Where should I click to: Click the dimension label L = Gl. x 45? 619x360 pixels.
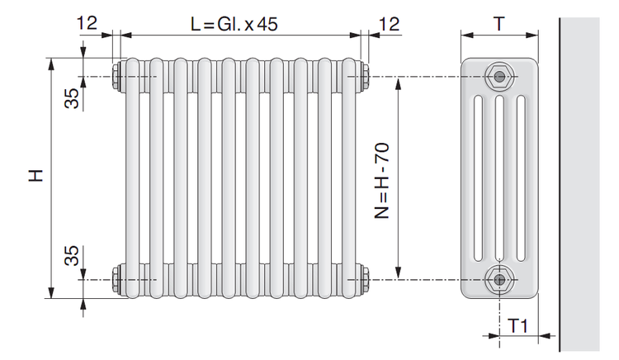pos(234,24)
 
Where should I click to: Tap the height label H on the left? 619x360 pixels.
pos(35,175)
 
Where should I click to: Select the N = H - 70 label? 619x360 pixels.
pos(382,181)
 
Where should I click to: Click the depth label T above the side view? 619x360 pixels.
pos(499,24)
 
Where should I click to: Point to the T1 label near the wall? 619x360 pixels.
pos(517,326)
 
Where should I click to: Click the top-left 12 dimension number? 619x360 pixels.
pos(87,23)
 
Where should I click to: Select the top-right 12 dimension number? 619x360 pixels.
pos(390,24)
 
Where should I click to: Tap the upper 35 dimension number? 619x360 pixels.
pos(72,98)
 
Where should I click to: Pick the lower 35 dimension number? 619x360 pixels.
pos(72,255)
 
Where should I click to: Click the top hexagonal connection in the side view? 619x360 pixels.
pos(500,76)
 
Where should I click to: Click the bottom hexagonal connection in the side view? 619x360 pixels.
pos(500,279)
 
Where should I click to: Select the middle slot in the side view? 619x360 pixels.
pos(499,178)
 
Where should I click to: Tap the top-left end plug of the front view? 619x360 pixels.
pos(118,76)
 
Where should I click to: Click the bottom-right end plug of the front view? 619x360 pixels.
pos(364,279)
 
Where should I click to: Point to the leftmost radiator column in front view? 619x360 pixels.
pos(133,178)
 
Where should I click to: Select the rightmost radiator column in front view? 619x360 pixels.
pos(349,178)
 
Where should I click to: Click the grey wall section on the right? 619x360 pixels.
pos(579,184)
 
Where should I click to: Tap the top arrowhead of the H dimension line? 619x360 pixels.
pos(51,64)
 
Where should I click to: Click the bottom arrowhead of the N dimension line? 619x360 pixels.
pos(399,272)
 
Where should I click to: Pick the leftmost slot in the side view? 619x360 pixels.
pos(478,178)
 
